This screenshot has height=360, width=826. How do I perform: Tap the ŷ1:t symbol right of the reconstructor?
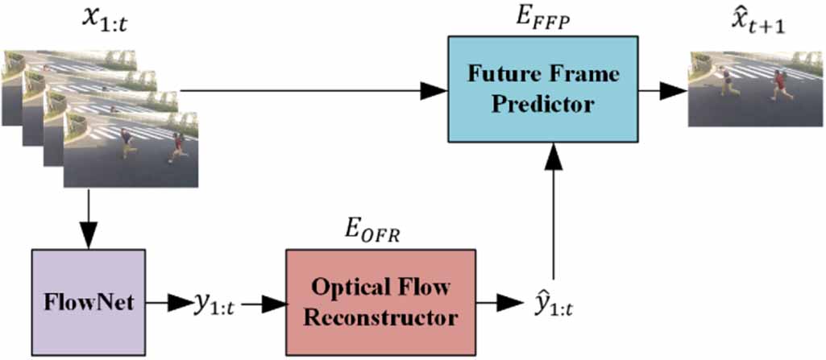(x=554, y=304)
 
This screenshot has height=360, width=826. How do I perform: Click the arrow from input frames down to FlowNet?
(x=88, y=217)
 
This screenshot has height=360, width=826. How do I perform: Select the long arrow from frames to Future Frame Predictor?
(x=322, y=91)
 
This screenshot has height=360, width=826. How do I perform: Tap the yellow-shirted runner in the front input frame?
(x=127, y=143)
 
